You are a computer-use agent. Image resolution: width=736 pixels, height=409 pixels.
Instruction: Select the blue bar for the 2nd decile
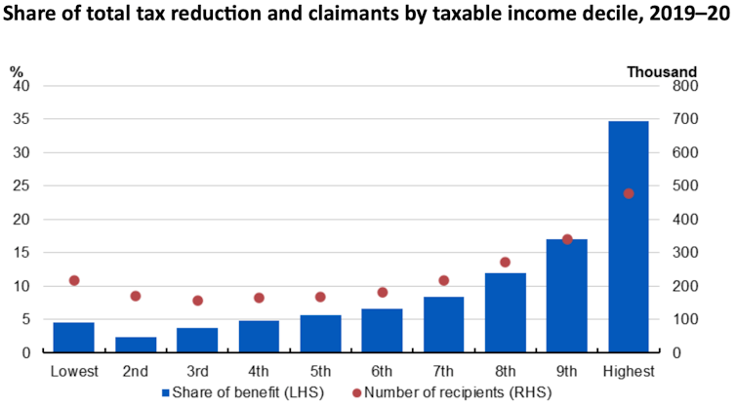(x=135, y=345)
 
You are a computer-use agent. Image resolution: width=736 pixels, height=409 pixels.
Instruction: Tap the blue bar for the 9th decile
(x=566, y=295)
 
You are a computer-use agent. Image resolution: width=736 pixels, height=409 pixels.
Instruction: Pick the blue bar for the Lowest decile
(x=73, y=337)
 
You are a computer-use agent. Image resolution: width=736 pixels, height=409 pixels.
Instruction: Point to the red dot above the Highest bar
(x=629, y=193)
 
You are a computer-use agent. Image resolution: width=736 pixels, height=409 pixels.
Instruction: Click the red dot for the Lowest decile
(x=74, y=280)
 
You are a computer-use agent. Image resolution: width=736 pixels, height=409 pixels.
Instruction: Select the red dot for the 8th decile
(x=505, y=262)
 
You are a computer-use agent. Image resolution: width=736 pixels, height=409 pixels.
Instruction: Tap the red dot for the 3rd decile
(x=197, y=301)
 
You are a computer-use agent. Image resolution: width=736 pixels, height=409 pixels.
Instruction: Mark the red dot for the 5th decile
(x=320, y=297)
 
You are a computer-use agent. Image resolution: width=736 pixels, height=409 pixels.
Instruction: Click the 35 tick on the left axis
(x=21, y=119)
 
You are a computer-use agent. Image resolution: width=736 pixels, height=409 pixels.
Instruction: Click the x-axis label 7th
(x=443, y=371)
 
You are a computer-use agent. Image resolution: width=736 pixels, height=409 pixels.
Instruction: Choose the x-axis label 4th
(x=259, y=371)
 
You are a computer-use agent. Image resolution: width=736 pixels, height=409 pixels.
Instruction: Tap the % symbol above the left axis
(x=17, y=70)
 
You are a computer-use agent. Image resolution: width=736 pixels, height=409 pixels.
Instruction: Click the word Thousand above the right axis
(x=661, y=70)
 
